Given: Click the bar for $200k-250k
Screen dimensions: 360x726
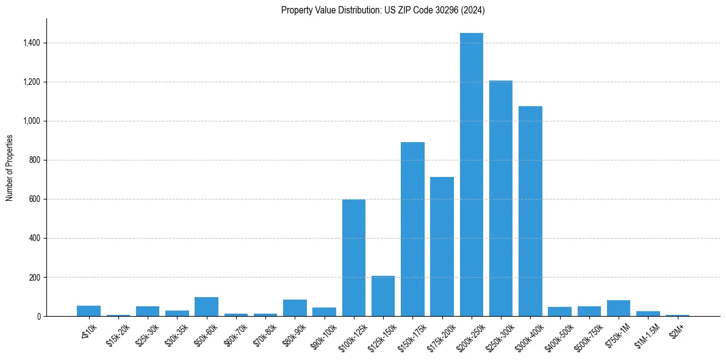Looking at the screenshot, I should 471,175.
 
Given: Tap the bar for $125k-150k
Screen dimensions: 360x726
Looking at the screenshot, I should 383,296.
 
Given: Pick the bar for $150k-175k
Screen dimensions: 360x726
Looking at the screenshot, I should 412,229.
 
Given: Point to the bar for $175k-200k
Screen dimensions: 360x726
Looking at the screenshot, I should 442,247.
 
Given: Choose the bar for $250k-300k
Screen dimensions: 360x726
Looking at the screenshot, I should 501,198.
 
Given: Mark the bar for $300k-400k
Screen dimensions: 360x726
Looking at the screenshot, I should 530,211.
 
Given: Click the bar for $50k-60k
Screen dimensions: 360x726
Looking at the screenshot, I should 206,307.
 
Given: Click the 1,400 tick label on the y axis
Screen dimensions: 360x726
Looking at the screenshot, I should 32,43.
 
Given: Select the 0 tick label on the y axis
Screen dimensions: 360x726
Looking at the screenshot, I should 39,316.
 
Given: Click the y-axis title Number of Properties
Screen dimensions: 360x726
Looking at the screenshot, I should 9,168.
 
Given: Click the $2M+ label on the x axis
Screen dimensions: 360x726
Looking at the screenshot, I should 675,331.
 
